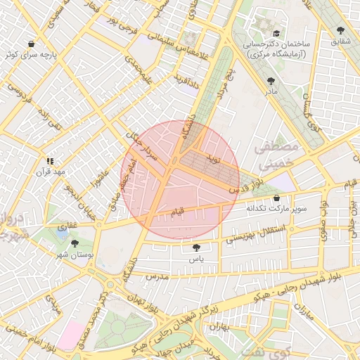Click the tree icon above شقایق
tap(341, 30)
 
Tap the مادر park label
tap(271, 92)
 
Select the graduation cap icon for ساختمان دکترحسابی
tap(276, 33)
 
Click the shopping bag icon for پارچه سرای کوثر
tap(30, 44)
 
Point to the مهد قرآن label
tap(53, 172)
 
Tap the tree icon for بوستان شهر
tap(75, 243)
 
